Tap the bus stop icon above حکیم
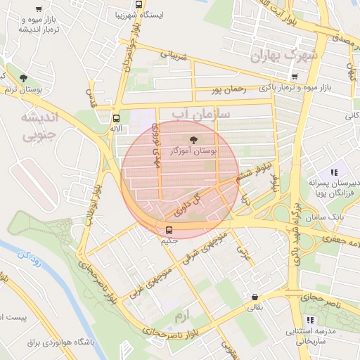[168, 230]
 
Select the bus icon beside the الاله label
[116, 118]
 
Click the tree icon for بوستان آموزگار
[194, 139]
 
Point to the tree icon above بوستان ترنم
[23, 77]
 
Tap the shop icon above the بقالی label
[254, 297]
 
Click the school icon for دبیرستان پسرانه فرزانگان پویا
[334, 172]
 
